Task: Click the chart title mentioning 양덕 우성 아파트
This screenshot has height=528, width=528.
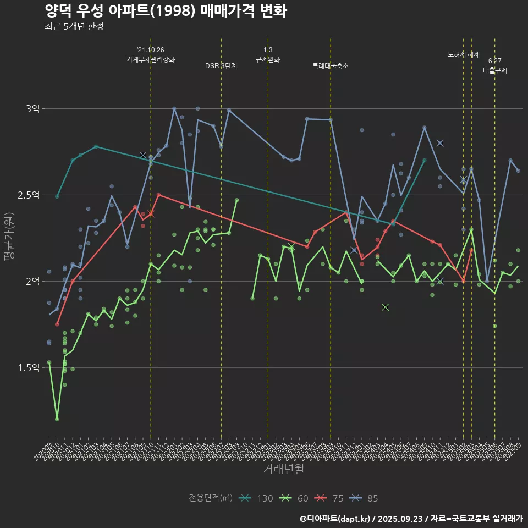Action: point(165,11)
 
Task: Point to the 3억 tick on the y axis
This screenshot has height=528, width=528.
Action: point(32,109)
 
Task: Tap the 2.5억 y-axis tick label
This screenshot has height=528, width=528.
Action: point(29,195)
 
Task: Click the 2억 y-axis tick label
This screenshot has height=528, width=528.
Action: point(32,282)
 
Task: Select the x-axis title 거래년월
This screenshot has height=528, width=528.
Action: point(283,469)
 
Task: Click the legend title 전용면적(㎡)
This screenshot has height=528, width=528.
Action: point(211,498)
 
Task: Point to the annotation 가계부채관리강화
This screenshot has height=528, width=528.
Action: point(151,59)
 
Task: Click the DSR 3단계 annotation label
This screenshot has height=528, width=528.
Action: point(221,66)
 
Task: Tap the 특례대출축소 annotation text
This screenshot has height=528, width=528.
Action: point(331,66)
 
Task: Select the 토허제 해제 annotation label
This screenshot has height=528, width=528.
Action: point(464,54)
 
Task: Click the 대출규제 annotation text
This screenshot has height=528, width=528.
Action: point(495,70)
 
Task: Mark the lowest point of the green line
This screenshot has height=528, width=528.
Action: point(57,419)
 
